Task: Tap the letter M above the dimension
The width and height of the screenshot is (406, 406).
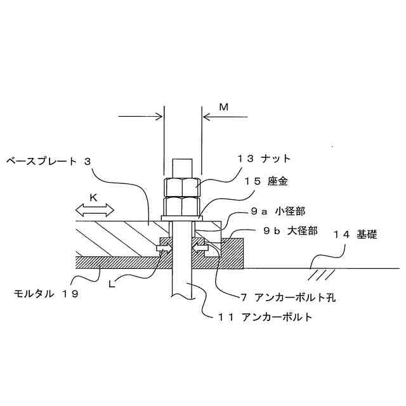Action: [223, 107]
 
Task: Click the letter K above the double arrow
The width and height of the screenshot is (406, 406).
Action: [93, 198]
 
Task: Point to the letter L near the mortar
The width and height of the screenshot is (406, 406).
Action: [112, 284]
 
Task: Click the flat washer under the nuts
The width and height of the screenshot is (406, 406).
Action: [183, 218]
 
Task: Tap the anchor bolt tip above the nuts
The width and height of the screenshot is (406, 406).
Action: [183, 167]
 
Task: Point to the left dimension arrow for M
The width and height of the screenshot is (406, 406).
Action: [141, 116]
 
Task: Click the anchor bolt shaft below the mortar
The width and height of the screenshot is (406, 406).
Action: [183, 285]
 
